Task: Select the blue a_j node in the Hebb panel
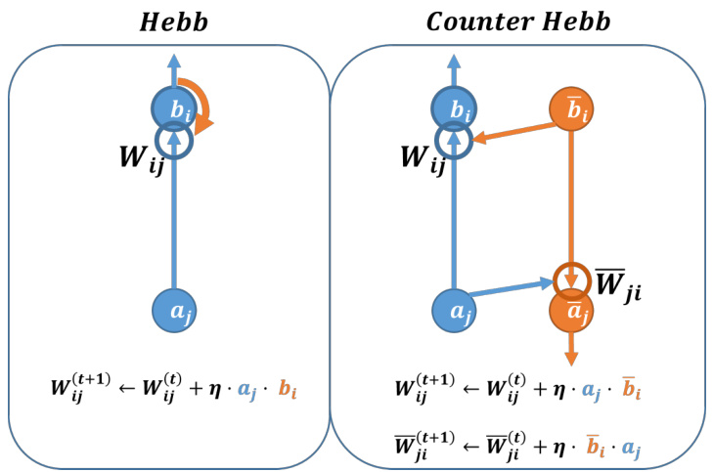coord(175,311)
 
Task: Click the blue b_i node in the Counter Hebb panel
coord(455,108)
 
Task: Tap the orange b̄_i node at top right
coord(570,108)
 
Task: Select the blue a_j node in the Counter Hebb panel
coord(455,311)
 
